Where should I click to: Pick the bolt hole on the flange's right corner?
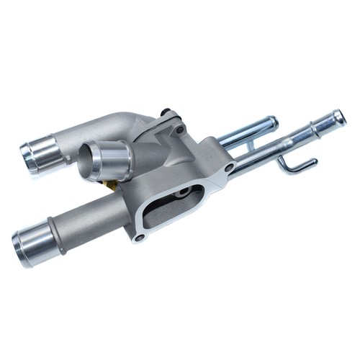[x=229, y=168]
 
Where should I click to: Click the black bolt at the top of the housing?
[x=167, y=113]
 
